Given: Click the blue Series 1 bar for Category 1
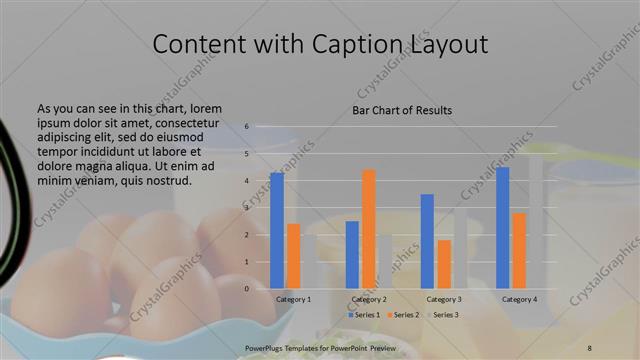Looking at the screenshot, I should (x=277, y=230).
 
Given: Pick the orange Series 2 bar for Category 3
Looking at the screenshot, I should (x=444, y=264).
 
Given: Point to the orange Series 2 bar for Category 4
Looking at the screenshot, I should (x=520, y=250).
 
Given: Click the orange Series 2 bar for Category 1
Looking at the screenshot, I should (x=294, y=256).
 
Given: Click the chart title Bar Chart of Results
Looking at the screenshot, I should (x=402, y=110).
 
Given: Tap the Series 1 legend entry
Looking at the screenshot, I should (x=364, y=315).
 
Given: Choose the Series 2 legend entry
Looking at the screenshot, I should (x=402, y=315).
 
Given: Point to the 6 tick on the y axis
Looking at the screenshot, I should (x=246, y=127).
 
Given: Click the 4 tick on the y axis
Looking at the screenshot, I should (x=246, y=181).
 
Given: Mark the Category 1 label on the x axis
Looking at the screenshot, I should (x=294, y=299).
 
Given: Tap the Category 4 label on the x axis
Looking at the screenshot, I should (x=520, y=299).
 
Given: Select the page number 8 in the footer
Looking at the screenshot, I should (x=588, y=345).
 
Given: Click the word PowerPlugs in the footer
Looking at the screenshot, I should (x=267, y=345).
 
